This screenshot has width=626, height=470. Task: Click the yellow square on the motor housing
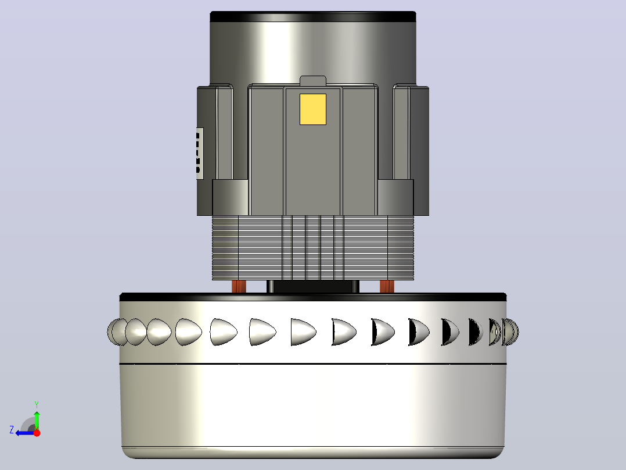(312, 109)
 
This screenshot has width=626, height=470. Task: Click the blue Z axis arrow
(25, 433)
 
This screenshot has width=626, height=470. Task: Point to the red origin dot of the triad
(37, 433)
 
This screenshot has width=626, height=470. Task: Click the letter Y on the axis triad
(37, 404)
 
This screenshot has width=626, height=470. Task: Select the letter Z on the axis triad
(12, 430)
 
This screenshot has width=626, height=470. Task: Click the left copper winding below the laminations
(239, 286)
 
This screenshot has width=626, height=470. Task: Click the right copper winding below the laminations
(387, 286)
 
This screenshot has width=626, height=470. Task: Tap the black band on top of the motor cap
(313, 17)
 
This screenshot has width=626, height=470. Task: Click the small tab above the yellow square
(313, 81)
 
